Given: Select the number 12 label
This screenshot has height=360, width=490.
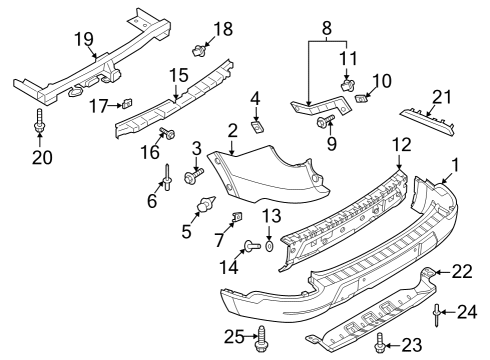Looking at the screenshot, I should point(400,145).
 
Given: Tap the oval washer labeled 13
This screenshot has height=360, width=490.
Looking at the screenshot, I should point(270,245).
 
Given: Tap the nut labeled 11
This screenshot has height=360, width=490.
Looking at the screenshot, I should point(348,85).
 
